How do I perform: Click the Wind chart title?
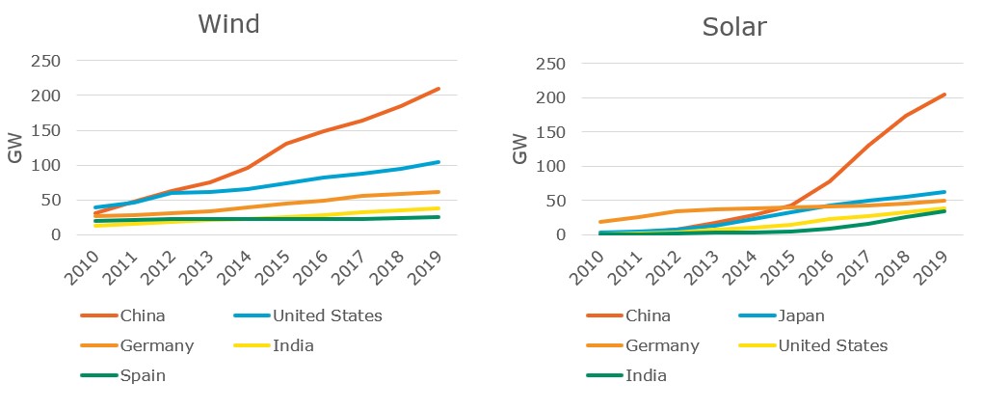[x=228, y=23]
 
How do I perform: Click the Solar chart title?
[x=734, y=26]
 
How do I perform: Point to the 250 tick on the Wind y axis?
[x=47, y=62]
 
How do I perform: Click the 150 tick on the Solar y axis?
[x=553, y=132]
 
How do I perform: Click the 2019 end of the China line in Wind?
[x=438, y=89]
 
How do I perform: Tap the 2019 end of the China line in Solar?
[x=944, y=95]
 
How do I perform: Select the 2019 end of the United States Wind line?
[x=438, y=162]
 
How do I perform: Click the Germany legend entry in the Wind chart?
[x=157, y=345]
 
